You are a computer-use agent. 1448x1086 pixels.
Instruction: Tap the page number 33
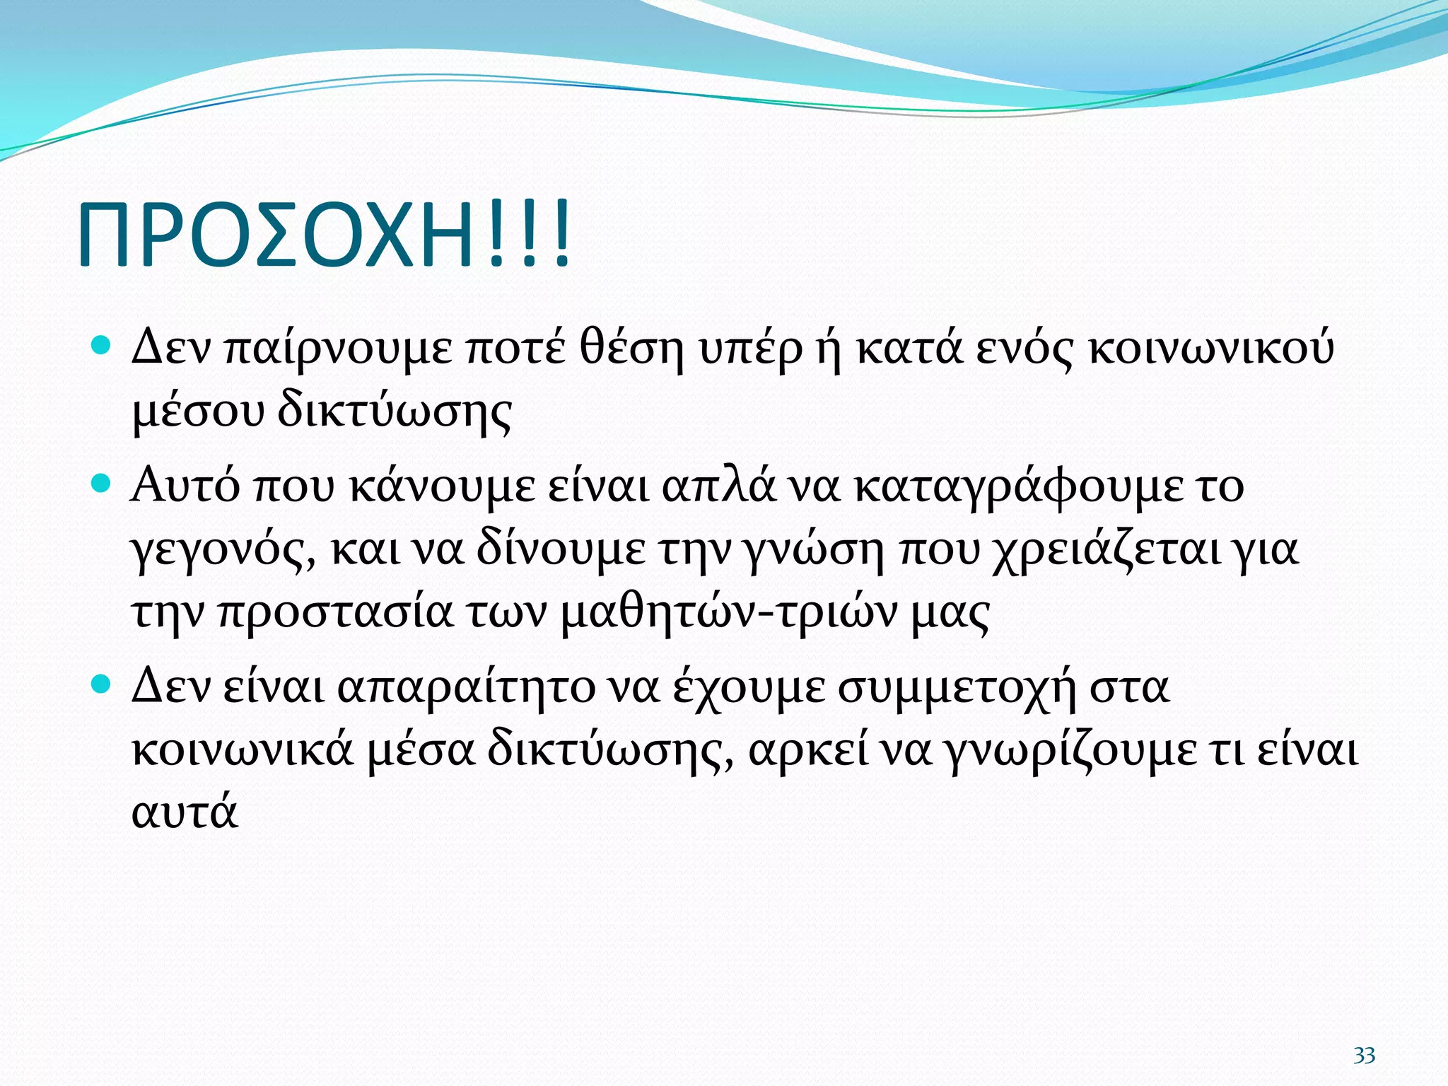coord(1364,1056)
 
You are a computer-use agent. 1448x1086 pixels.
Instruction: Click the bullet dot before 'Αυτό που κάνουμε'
coord(102,484)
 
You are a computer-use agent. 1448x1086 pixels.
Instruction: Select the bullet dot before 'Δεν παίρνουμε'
coord(102,346)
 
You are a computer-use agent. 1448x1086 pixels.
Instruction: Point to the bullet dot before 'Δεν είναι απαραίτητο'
coord(102,684)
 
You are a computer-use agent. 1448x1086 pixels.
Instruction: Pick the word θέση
coord(631,349)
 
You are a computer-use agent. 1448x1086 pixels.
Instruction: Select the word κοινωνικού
coord(1210,349)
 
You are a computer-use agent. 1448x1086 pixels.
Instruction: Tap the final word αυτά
coord(185,813)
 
